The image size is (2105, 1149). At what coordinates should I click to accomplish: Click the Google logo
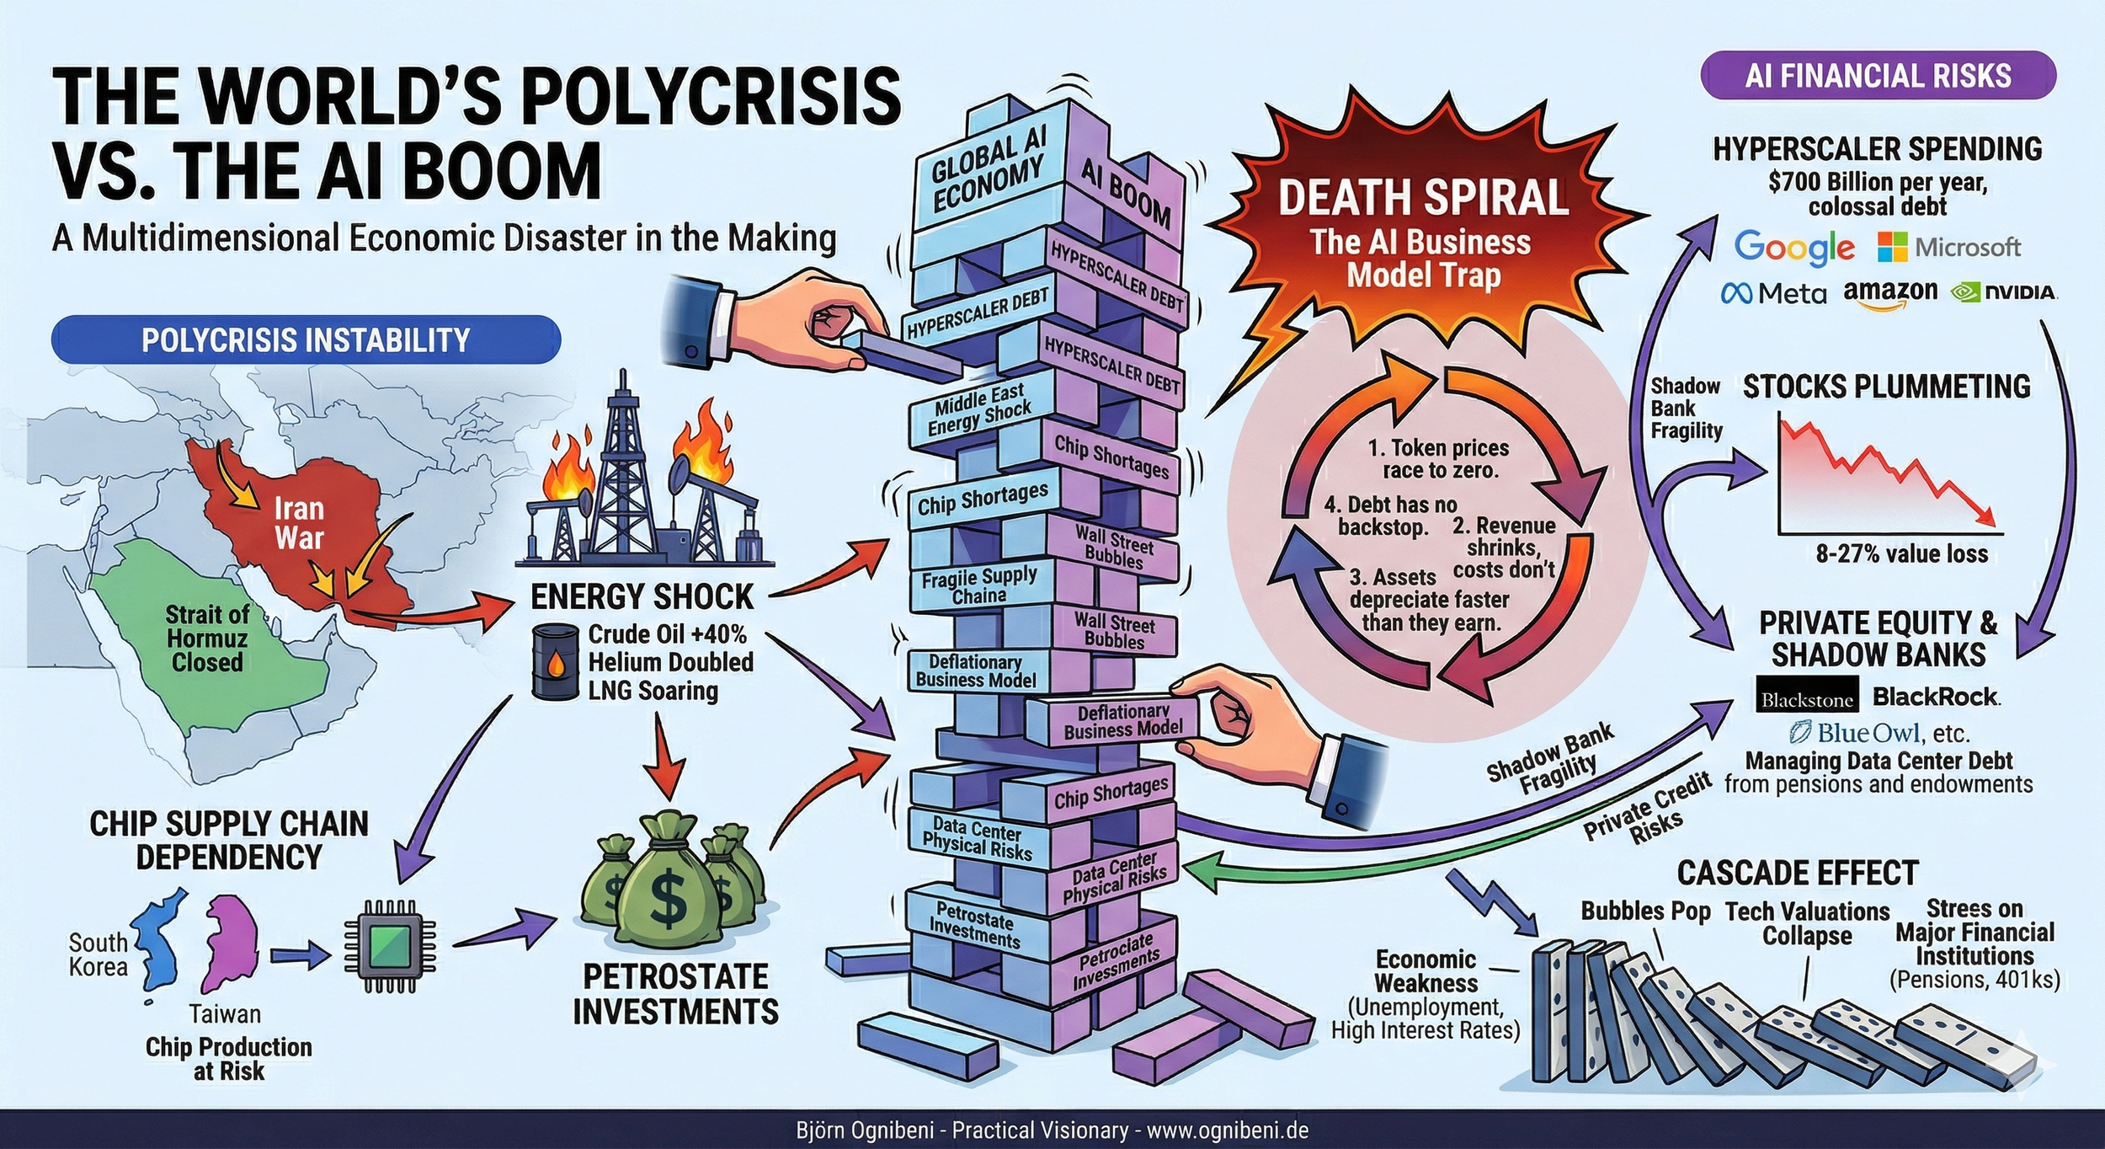click(x=1793, y=247)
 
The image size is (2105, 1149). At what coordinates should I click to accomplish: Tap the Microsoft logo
click(x=1948, y=247)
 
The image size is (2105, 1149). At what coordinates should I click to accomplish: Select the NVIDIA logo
click(x=2003, y=292)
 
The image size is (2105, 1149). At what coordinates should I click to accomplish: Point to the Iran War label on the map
click(x=298, y=522)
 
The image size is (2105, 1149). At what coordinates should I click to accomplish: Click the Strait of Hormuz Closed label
click(x=206, y=638)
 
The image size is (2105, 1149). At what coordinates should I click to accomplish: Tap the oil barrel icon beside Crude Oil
click(x=556, y=661)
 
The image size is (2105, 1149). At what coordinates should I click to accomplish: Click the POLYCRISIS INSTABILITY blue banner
click(x=306, y=339)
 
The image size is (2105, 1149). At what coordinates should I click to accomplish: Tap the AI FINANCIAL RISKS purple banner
click(x=1878, y=76)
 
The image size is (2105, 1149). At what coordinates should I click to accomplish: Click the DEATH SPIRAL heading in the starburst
click(x=1423, y=197)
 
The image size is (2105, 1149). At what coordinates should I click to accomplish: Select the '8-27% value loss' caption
click(x=1901, y=553)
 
